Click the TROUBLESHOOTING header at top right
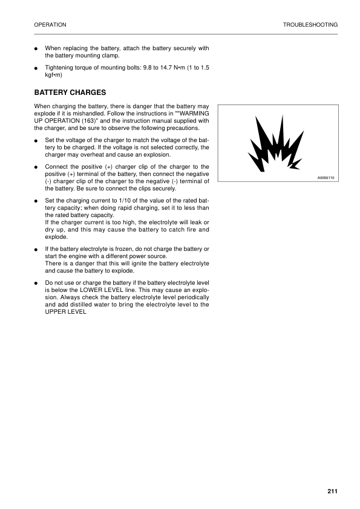pos(310,25)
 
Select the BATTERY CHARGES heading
pos(70,92)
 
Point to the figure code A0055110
pos(326,178)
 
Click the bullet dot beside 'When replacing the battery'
pos(37,48)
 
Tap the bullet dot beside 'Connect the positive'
pos(37,166)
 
